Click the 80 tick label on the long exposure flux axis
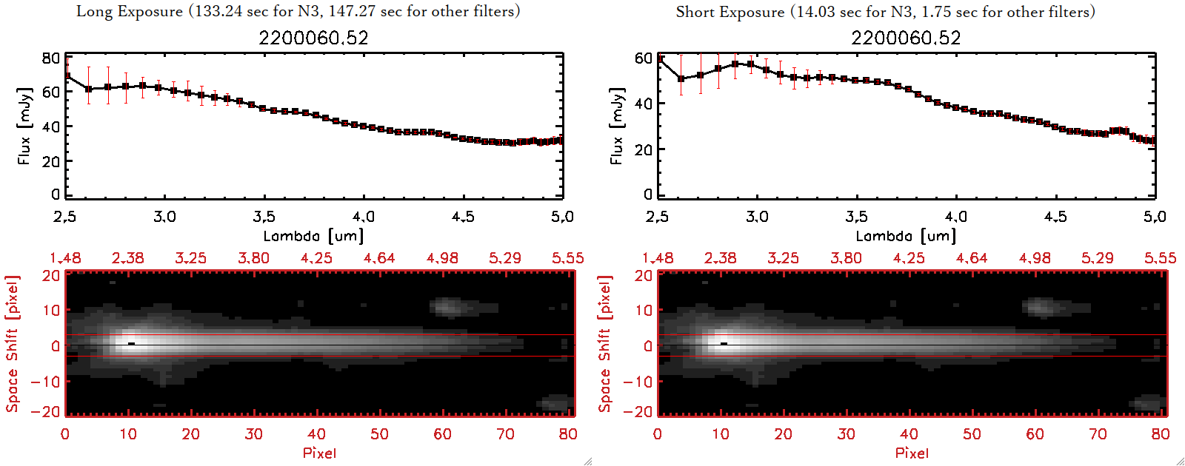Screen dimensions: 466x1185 [x=51, y=58]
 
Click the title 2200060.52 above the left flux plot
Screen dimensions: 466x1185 [x=313, y=38]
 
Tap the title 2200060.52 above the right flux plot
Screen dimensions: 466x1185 [x=906, y=38]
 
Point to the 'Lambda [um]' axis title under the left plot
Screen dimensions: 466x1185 [x=313, y=236]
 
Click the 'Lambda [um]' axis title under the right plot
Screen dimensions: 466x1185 [x=906, y=236]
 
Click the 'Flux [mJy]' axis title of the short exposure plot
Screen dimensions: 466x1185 [x=617, y=126]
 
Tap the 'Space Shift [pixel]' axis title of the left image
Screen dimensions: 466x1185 [x=12, y=344]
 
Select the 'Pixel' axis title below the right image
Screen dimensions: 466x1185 [x=912, y=453]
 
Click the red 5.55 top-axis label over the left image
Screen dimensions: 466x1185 [x=567, y=258]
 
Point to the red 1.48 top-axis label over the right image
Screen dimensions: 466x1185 [x=658, y=258]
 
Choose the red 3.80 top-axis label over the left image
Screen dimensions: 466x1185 [x=253, y=258]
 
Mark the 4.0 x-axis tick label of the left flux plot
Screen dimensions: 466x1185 [x=363, y=217]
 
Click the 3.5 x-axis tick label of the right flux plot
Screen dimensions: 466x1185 [x=856, y=217]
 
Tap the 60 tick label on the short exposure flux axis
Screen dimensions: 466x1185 [x=644, y=58]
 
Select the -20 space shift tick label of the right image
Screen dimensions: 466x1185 [x=638, y=411]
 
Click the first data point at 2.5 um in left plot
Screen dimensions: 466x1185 [x=67, y=75]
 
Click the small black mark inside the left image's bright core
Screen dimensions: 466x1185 [x=131, y=343]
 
